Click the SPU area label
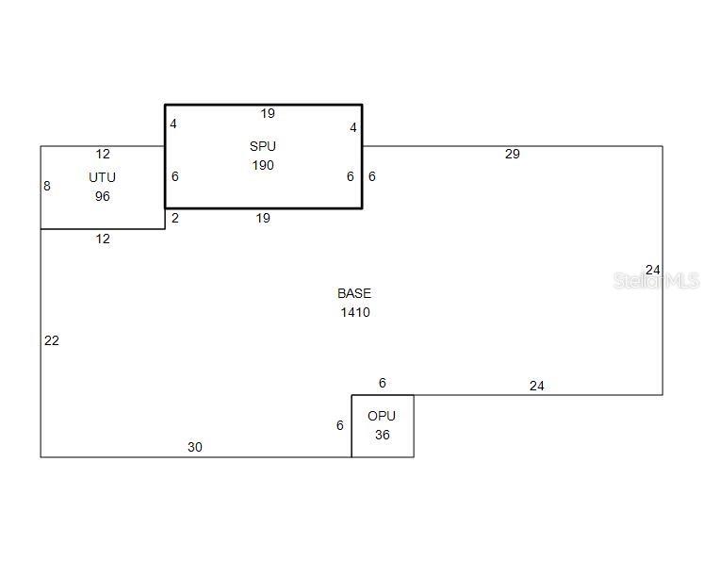point(263,146)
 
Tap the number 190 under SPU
point(263,165)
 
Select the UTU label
point(103,177)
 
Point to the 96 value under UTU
point(103,196)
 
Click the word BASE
point(354,293)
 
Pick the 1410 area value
point(355,312)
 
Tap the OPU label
point(382,416)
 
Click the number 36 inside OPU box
point(382,435)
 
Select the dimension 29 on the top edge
point(512,154)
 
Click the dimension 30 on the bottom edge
point(194,447)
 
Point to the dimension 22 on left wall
point(52,340)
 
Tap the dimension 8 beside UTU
point(47,186)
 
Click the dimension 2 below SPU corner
point(175,218)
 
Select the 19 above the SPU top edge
point(268,113)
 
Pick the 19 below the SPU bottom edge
point(263,218)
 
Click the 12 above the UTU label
point(103,154)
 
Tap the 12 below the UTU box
point(103,239)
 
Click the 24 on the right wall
point(653,270)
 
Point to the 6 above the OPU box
point(383,383)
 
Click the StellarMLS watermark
point(656,281)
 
